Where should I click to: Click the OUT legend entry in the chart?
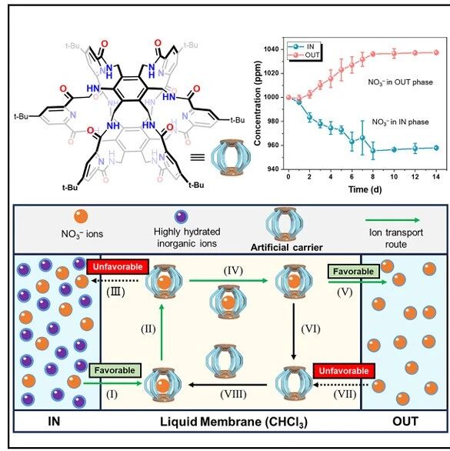point(304,55)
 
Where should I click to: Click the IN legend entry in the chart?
point(302,47)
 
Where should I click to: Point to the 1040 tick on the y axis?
point(271,49)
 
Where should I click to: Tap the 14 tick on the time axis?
point(436,176)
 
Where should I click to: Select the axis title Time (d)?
point(365,189)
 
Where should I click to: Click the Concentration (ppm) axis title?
point(258,103)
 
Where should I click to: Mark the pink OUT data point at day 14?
point(436,52)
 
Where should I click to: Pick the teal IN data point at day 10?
point(394,149)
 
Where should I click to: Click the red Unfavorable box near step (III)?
point(118,266)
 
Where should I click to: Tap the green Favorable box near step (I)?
point(115,370)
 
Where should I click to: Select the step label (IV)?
point(233,270)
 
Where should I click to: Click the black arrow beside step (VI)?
point(294,332)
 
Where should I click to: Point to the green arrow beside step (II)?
point(162,332)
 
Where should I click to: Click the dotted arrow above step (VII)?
point(341,385)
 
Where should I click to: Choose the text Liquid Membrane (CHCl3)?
point(234,422)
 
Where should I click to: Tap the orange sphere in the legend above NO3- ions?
point(81,216)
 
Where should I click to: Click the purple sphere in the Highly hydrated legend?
point(181,216)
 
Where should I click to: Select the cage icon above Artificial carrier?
point(284,225)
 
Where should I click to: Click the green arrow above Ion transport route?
point(393,220)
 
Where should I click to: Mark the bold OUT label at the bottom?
point(405,422)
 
